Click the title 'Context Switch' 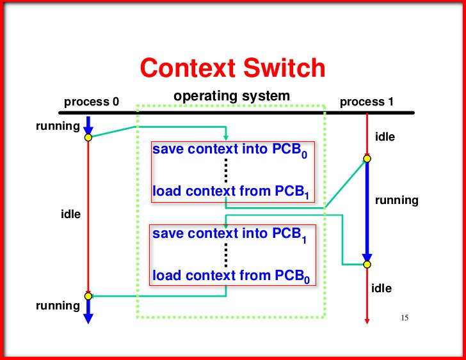click(232, 67)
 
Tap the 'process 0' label click(92, 102)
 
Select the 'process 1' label click(367, 102)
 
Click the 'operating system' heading click(232, 97)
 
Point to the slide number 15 click(404, 317)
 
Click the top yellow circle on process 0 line click(88, 137)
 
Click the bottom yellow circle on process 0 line click(88, 296)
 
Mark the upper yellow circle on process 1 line click(367, 159)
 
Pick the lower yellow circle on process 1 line click(367, 263)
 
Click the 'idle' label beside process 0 click(70, 214)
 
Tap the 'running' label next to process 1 click(396, 200)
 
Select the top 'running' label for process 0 click(58, 125)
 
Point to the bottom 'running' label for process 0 click(58, 306)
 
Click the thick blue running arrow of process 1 click(367, 211)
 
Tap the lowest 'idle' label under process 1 click(382, 288)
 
